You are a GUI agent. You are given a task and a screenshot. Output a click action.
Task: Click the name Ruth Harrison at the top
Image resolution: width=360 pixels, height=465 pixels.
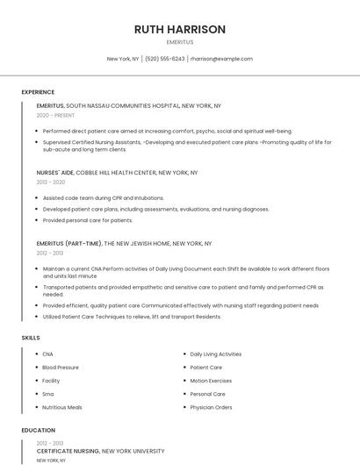(x=180, y=29)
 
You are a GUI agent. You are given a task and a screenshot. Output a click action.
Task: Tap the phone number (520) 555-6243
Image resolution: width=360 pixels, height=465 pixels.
(x=164, y=59)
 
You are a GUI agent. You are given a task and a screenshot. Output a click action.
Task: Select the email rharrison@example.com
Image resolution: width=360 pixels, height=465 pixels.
(x=221, y=59)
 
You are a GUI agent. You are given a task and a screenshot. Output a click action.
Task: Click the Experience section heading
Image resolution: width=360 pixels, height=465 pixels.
(x=38, y=92)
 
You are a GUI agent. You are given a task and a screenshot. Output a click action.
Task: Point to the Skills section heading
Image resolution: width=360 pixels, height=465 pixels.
(x=31, y=338)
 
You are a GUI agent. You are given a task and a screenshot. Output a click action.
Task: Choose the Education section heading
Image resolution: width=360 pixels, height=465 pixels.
(x=38, y=431)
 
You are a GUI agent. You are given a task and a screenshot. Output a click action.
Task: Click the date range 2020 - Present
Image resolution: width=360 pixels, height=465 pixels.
(x=56, y=115)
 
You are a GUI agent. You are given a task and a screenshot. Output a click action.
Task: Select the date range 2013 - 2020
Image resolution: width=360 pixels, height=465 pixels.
(x=51, y=182)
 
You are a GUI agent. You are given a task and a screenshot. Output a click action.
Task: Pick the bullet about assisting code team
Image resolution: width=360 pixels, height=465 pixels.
(x=103, y=198)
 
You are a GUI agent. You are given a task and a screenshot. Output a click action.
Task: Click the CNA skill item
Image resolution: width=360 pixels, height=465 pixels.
(x=47, y=354)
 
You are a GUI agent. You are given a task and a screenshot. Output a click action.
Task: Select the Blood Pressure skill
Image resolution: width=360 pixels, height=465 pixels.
(x=61, y=368)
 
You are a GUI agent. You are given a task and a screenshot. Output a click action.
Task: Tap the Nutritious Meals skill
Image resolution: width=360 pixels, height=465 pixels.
(x=62, y=407)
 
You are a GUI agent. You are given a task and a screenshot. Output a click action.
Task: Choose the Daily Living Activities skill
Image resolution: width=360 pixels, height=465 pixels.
(x=215, y=354)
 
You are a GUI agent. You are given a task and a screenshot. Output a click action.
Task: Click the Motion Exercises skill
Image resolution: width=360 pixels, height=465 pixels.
(x=211, y=381)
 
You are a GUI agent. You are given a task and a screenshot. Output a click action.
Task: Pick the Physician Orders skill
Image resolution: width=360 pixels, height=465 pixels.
(x=211, y=407)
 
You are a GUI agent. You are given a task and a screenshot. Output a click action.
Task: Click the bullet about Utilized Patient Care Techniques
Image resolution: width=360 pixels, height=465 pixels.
(x=132, y=316)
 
